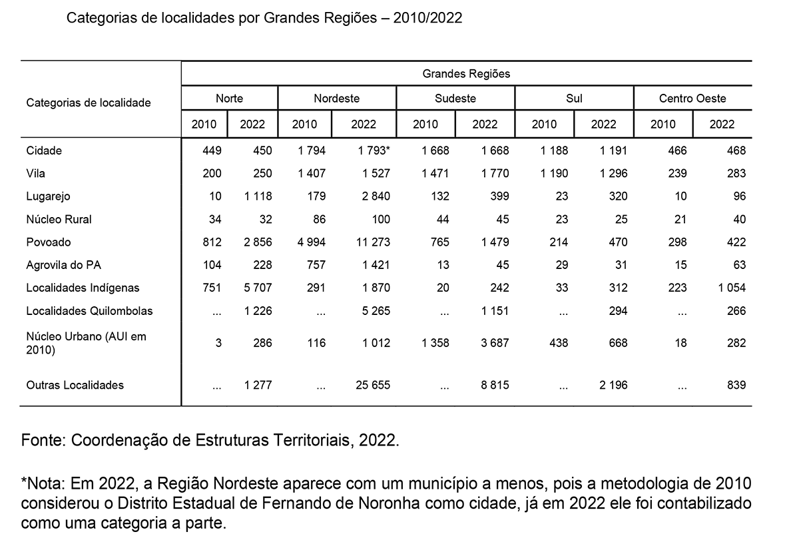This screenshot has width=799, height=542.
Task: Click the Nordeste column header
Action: (336, 99)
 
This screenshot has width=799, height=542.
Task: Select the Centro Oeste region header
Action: (692, 99)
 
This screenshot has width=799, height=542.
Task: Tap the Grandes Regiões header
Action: (466, 73)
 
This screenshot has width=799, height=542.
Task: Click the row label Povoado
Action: (49, 242)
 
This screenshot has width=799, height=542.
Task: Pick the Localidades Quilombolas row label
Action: (89, 311)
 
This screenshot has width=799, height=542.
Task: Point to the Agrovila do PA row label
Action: (64, 265)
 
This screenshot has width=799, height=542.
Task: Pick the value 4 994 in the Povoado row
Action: (311, 242)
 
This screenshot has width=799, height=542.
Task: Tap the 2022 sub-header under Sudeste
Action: (485, 124)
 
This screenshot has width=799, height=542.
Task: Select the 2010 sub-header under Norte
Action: (204, 124)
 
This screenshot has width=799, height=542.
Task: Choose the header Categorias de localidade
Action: (89, 103)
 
